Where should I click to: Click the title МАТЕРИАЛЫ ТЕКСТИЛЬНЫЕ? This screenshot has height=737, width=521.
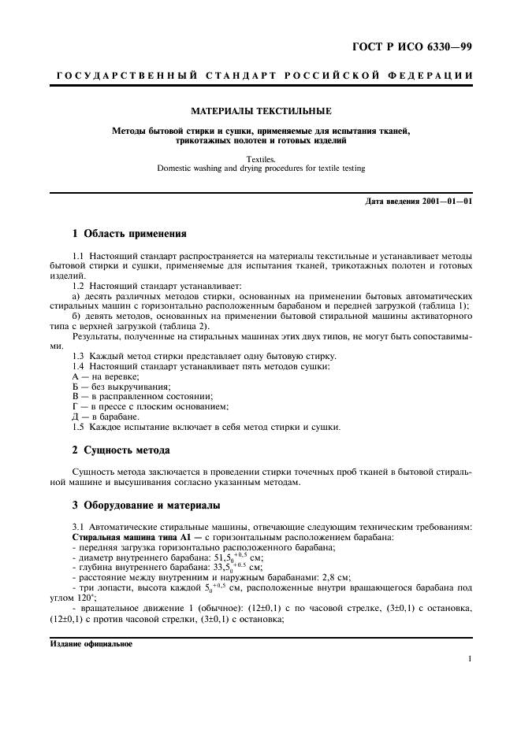[x=260, y=111]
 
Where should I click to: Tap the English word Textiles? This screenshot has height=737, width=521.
[x=260, y=158]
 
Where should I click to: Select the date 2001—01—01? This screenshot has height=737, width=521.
[x=441, y=202]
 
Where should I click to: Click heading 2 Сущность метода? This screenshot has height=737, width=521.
[x=115, y=450]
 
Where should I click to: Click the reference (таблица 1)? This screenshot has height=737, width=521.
[x=447, y=306]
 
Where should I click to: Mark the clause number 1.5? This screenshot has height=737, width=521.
[x=78, y=426]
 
